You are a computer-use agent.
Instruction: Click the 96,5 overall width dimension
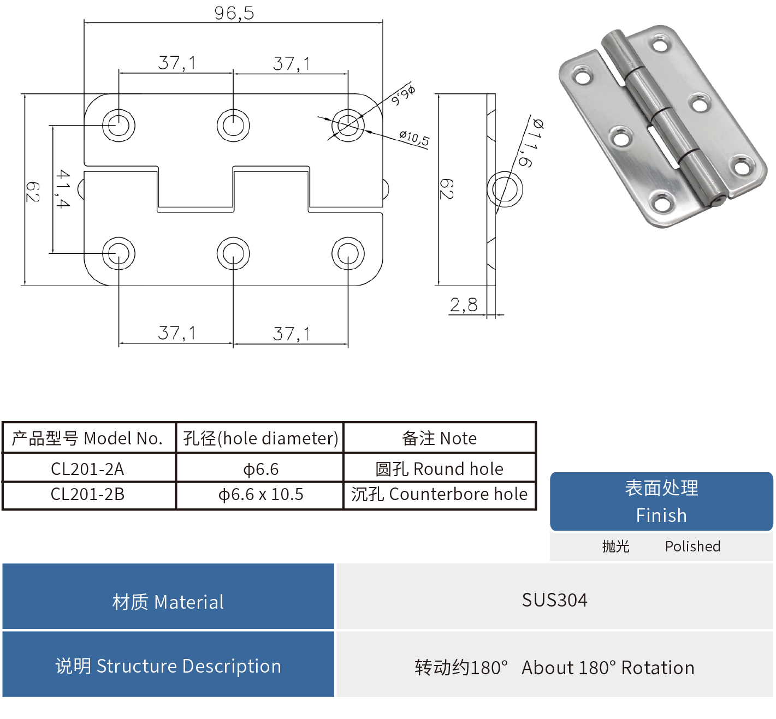[x=234, y=13]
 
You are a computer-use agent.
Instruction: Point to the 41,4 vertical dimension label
[x=63, y=189]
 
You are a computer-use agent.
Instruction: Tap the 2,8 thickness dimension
[x=464, y=305]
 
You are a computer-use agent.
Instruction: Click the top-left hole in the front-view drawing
[x=119, y=125]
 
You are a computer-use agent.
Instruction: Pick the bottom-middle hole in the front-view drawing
[x=233, y=253]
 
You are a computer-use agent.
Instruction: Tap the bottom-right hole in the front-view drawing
[x=348, y=253]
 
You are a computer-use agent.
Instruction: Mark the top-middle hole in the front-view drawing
[x=233, y=125]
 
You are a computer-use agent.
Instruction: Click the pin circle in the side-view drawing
[x=505, y=189]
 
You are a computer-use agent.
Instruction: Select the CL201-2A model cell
[x=88, y=469]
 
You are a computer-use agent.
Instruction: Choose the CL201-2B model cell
[x=88, y=495]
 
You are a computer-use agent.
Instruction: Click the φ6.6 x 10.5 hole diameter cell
[x=260, y=495]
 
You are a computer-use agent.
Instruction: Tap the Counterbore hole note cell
[x=439, y=495]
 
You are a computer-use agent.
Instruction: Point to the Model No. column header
[x=88, y=438]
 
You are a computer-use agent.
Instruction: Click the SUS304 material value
[x=554, y=600]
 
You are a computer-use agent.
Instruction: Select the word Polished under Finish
[x=692, y=546]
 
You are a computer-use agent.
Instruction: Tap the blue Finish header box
[x=661, y=501]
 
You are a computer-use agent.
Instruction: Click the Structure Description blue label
[x=168, y=666]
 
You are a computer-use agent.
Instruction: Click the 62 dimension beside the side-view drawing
[x=446, y=189]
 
